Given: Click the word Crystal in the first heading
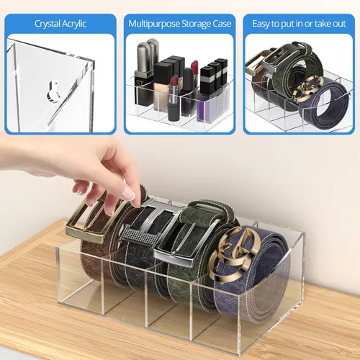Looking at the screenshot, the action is click(48, 24).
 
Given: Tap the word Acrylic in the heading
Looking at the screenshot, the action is click(74, 24).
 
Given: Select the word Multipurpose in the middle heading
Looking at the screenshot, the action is click(154, 24).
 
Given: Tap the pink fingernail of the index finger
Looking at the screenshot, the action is click(128, 194).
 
